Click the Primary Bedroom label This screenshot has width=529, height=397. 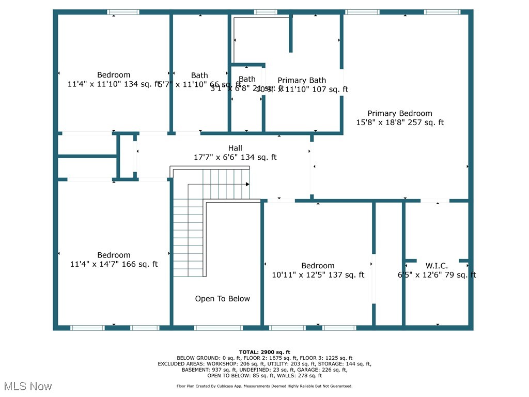(x=400, y=113)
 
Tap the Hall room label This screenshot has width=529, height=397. (x=235, y=148)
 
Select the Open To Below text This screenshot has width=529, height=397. (x=222, y=299)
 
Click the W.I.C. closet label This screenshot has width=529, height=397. (x=437, y=266)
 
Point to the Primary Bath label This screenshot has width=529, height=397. (x=302, y=80)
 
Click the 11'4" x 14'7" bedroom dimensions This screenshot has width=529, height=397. (x=114, y=264)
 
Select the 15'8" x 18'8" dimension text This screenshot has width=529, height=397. (x=400, y=123)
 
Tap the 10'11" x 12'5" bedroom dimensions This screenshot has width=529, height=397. (x=318, y=275)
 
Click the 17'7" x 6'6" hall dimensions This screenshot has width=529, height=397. (x=235, y=157)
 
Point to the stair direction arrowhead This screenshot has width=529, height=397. (x=247, y=184)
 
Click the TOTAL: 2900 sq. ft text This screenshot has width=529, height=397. (x=264, y=352)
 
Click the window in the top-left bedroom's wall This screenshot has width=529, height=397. (x=123, y=12)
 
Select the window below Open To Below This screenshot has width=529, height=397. (x=218, y=328)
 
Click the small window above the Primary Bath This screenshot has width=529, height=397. (x=266, y=12)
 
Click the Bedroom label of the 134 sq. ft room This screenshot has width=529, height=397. (x=114, y=75)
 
